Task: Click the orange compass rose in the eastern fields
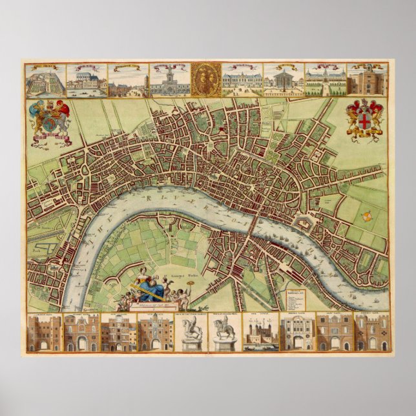(x=366, y=217)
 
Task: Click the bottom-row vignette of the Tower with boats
(x=260, y=335)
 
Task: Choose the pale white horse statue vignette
(x=191, y=335)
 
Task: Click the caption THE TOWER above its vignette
(x=260, y=315)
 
